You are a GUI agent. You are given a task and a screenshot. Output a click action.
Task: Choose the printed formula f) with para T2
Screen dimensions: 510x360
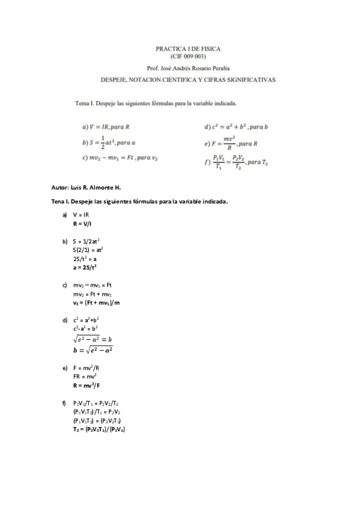(236, 163)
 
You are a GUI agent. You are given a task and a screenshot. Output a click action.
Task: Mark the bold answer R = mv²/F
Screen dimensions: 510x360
(87, 385)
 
